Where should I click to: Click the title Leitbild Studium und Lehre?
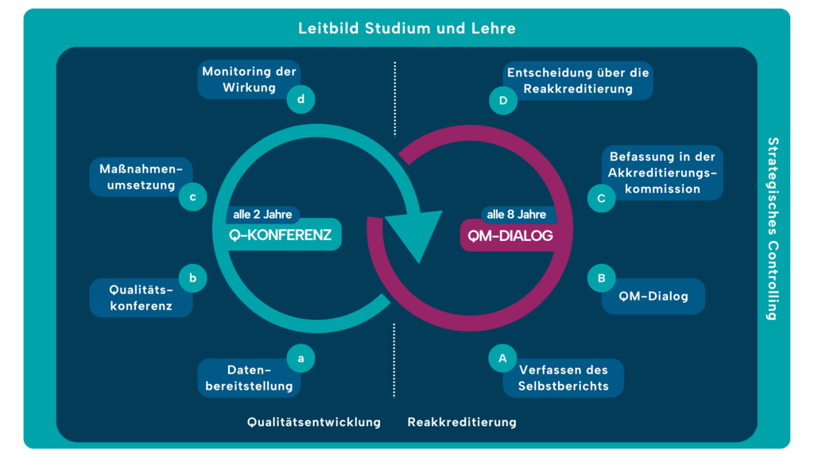pyautogui.click(x=407, y=28)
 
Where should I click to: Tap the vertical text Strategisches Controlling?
pyautogui.click(x=773, y=228)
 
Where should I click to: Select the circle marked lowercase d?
pyautogui.click(x=300, y=99)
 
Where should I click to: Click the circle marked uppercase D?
pyautogui.click(x=503, y=100)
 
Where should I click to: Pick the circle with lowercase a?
pyautogui.click(x=300, y=359)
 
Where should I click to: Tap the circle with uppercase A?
pyautogui.click(x=502, y=359)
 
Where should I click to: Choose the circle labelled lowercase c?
pyautogui.click(x=192, y=197)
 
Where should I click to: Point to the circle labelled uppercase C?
pyautogui.click(x=601, y=198)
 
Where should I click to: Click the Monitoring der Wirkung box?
pyautogui.click(x=249, y=80)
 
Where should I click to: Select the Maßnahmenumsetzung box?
pyautogui.click(x=141, y=177)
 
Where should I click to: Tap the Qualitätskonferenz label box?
pyautogui.click(x=141, y=298)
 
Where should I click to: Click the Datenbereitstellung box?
pyautogui.click(x=249, y=378)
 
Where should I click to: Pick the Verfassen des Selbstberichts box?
pyautogui.click(x=564, y=378)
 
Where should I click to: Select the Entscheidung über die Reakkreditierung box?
pyautogui.click(x=578, y=80)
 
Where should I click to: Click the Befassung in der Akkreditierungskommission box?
pyautogui.click(x=662, y=173)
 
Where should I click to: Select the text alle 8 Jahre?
pyautogui.click(x=517, y=215)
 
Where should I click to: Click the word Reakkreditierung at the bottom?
pyautogui.click(x=462, y=422)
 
